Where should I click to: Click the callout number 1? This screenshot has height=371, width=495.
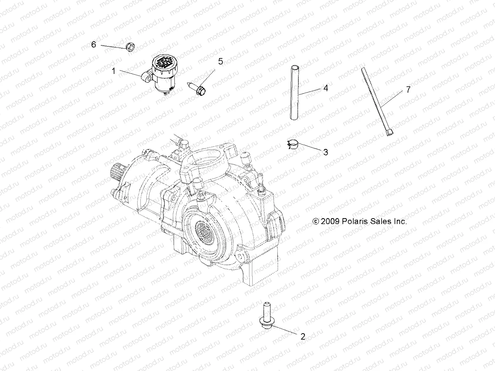click(113, 71)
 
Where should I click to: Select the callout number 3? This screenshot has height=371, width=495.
click(325, 152)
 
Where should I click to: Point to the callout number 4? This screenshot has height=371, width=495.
click(325, 88)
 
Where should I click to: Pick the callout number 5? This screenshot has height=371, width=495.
click(220, 62)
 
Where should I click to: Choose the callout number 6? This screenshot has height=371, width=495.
click(93, 45)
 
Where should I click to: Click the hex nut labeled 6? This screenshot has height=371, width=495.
click(130, 47)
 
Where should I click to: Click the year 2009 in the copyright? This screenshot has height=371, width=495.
click(330, 222)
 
